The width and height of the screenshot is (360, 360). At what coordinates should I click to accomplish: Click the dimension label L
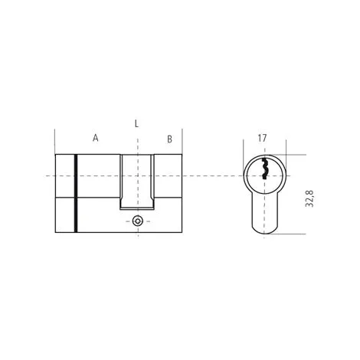[136, 124]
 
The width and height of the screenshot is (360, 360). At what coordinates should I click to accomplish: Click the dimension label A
[95, 138]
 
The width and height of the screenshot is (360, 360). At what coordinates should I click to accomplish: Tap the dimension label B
[169, 139]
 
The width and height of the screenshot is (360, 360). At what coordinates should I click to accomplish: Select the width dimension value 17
[262, 138]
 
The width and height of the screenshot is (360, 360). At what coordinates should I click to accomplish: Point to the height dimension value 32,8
[309, 198]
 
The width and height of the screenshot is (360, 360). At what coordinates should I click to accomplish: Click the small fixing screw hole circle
[138, 221]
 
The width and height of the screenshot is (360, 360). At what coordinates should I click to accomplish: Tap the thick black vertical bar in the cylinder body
[76, 193]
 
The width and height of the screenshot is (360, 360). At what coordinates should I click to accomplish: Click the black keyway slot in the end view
[264, 169]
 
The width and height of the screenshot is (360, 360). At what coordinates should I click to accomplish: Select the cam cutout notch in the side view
[137, 182]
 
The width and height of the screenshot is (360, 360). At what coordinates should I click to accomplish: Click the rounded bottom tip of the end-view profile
[264, 234]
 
